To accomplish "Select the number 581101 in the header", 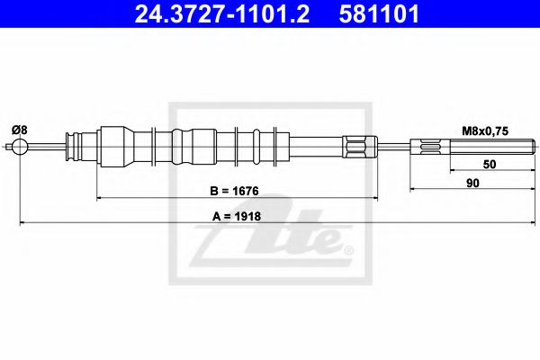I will pyautogui.click(x=379, y=14).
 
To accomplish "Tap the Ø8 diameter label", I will pyautogui.click(x=20, y=130).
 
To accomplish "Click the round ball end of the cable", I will pyautogui.click(x=19, y=148).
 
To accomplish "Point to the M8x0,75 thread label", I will pyautogui.click(x=486, y=130).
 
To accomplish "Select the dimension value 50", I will pyautogui.click(x=489, y=166).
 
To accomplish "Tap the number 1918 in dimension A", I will pyautogui.click(x=249, y=216).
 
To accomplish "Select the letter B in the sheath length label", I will pyautogui.click(x=214, y=191).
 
